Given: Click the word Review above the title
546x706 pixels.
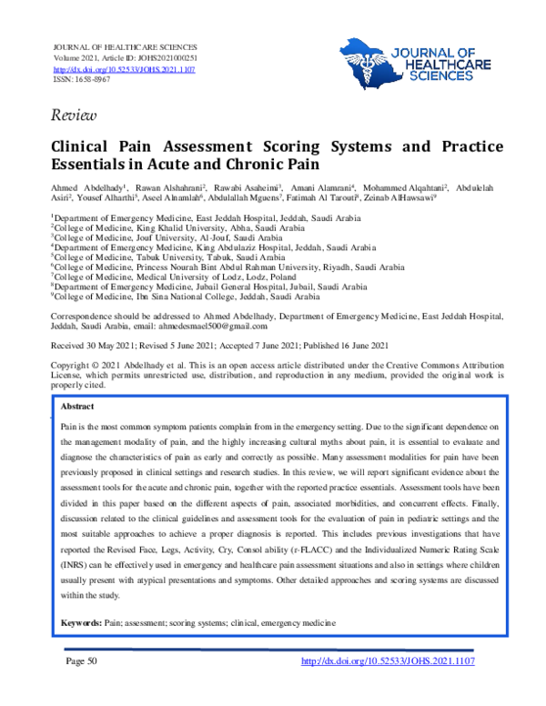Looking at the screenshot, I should [x=69, y=114].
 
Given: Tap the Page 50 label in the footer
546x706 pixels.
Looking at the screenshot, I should [x=79, y=687].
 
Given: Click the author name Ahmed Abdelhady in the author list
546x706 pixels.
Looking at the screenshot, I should [x=88, y=187].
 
